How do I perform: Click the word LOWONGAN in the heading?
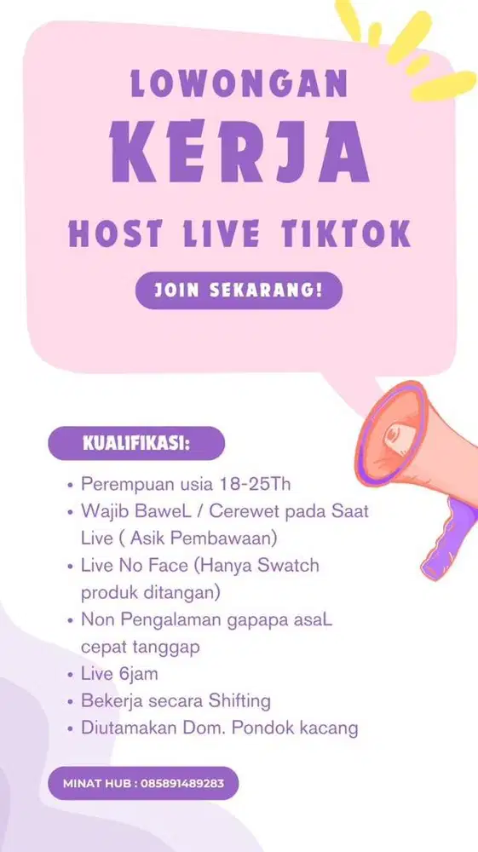pyautogui.click(x=239, y=85)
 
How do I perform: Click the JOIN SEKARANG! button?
pyautogui.click(x=239, y=291)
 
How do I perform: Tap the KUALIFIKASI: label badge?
pyautogui.click(x=136, y=444)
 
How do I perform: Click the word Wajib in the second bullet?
pyautogui.click(x=103, y=513)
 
